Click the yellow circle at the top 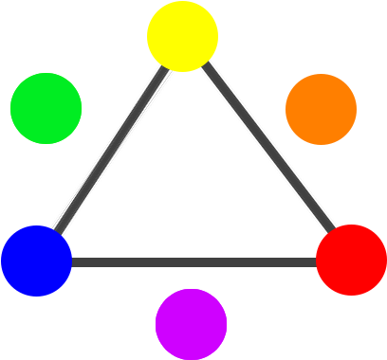click(x=182, y=36)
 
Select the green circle click(x=46, y=108)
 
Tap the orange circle click(x=321, y=109)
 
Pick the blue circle click(x=36, y=261)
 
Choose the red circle click(x=351, y=260)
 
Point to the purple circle click(x=191, y=324)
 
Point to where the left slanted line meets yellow click(x=167, y=66)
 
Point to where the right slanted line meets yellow click(x=201, y=65)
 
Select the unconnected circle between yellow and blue click(x=46, y=108)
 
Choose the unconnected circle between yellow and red click(x=321, y=109)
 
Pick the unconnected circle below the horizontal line click(x=191, y=324)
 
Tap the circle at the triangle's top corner click(x=182, y=36)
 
